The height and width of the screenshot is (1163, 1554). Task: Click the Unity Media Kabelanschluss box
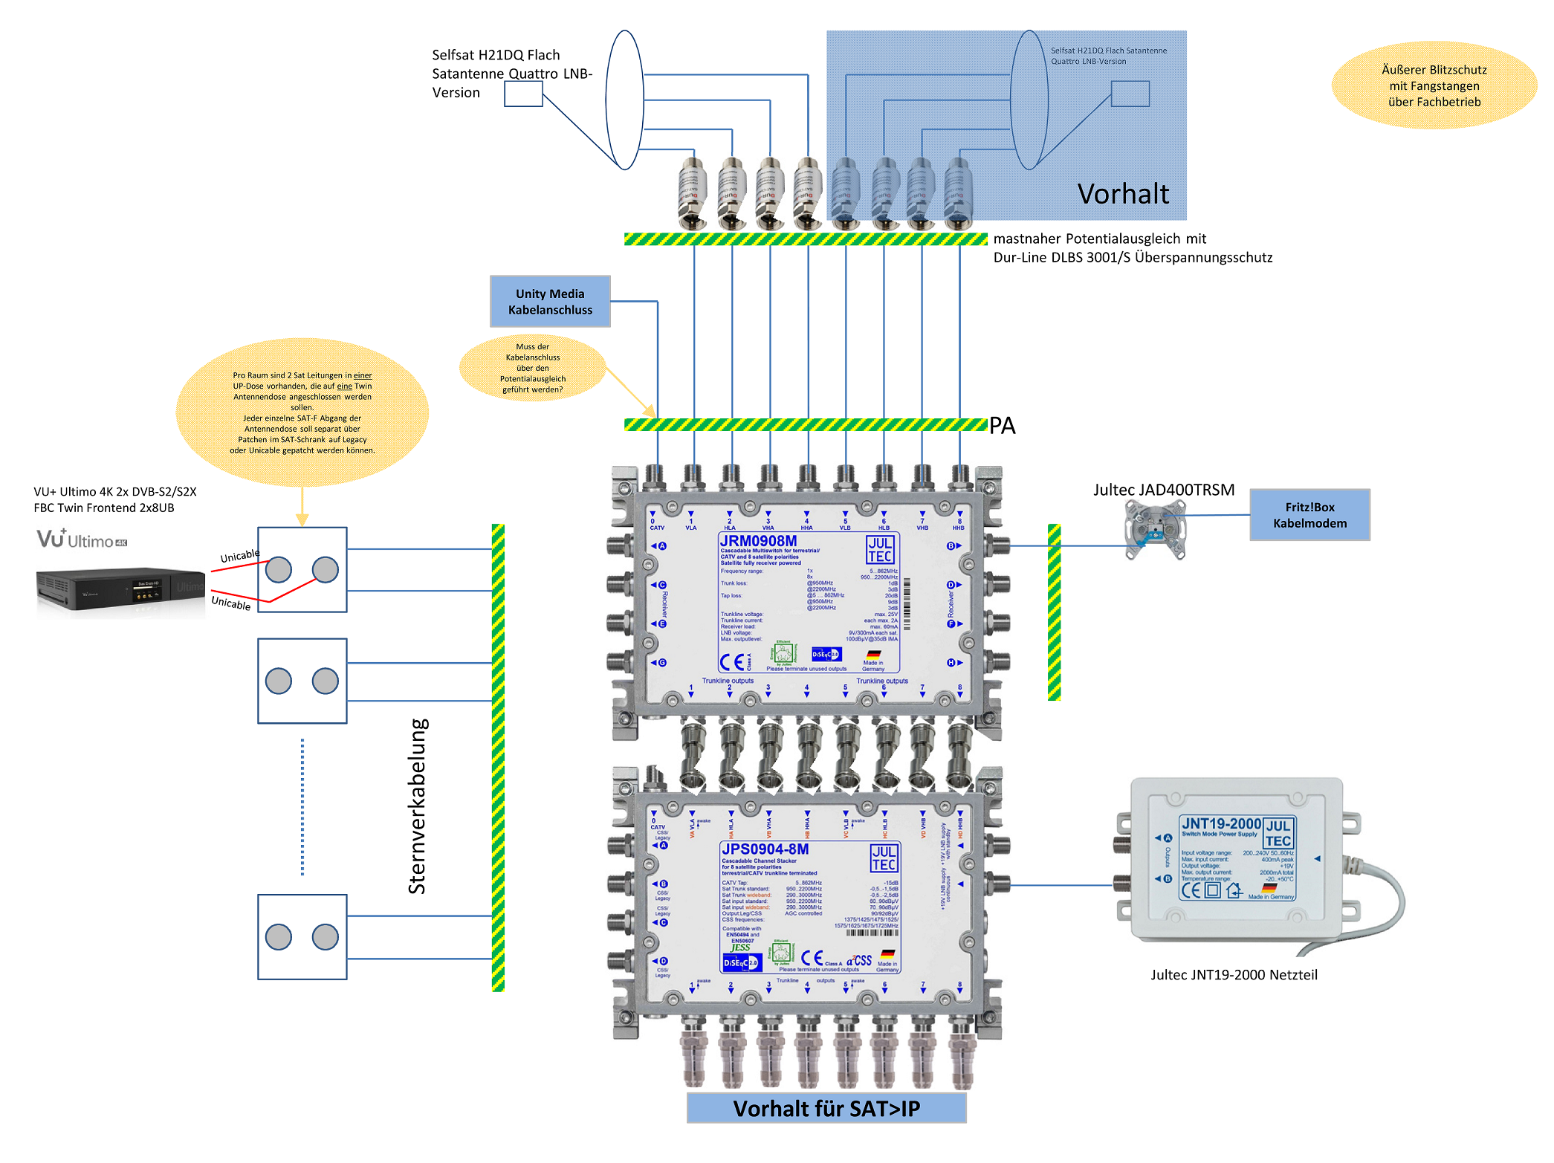550,302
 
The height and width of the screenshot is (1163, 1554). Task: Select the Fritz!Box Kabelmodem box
1309,515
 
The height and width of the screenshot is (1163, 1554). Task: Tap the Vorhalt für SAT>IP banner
826,1108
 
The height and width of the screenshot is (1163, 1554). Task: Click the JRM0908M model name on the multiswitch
758,541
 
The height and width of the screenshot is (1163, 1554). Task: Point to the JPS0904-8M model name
765,849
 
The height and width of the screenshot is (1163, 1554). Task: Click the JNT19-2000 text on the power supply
1221,823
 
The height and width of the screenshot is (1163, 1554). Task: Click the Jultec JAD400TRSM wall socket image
1155,529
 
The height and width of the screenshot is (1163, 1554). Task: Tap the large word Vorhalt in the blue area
1123,194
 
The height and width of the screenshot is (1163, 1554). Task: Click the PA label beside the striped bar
1002,426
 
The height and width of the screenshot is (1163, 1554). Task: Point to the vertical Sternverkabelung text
418,806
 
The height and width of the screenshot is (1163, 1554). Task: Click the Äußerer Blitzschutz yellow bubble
1434,85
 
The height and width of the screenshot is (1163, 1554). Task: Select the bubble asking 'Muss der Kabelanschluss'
533,368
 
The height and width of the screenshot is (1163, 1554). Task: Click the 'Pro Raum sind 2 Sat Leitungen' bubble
302,412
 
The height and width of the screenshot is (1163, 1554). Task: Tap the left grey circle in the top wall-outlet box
279,570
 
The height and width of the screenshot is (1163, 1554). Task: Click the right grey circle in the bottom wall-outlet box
326,937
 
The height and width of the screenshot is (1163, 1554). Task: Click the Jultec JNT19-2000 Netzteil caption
1234,975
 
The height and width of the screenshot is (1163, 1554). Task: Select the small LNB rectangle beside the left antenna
523,94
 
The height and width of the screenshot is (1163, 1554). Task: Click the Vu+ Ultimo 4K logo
82,539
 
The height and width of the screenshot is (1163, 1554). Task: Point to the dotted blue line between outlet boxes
302,807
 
